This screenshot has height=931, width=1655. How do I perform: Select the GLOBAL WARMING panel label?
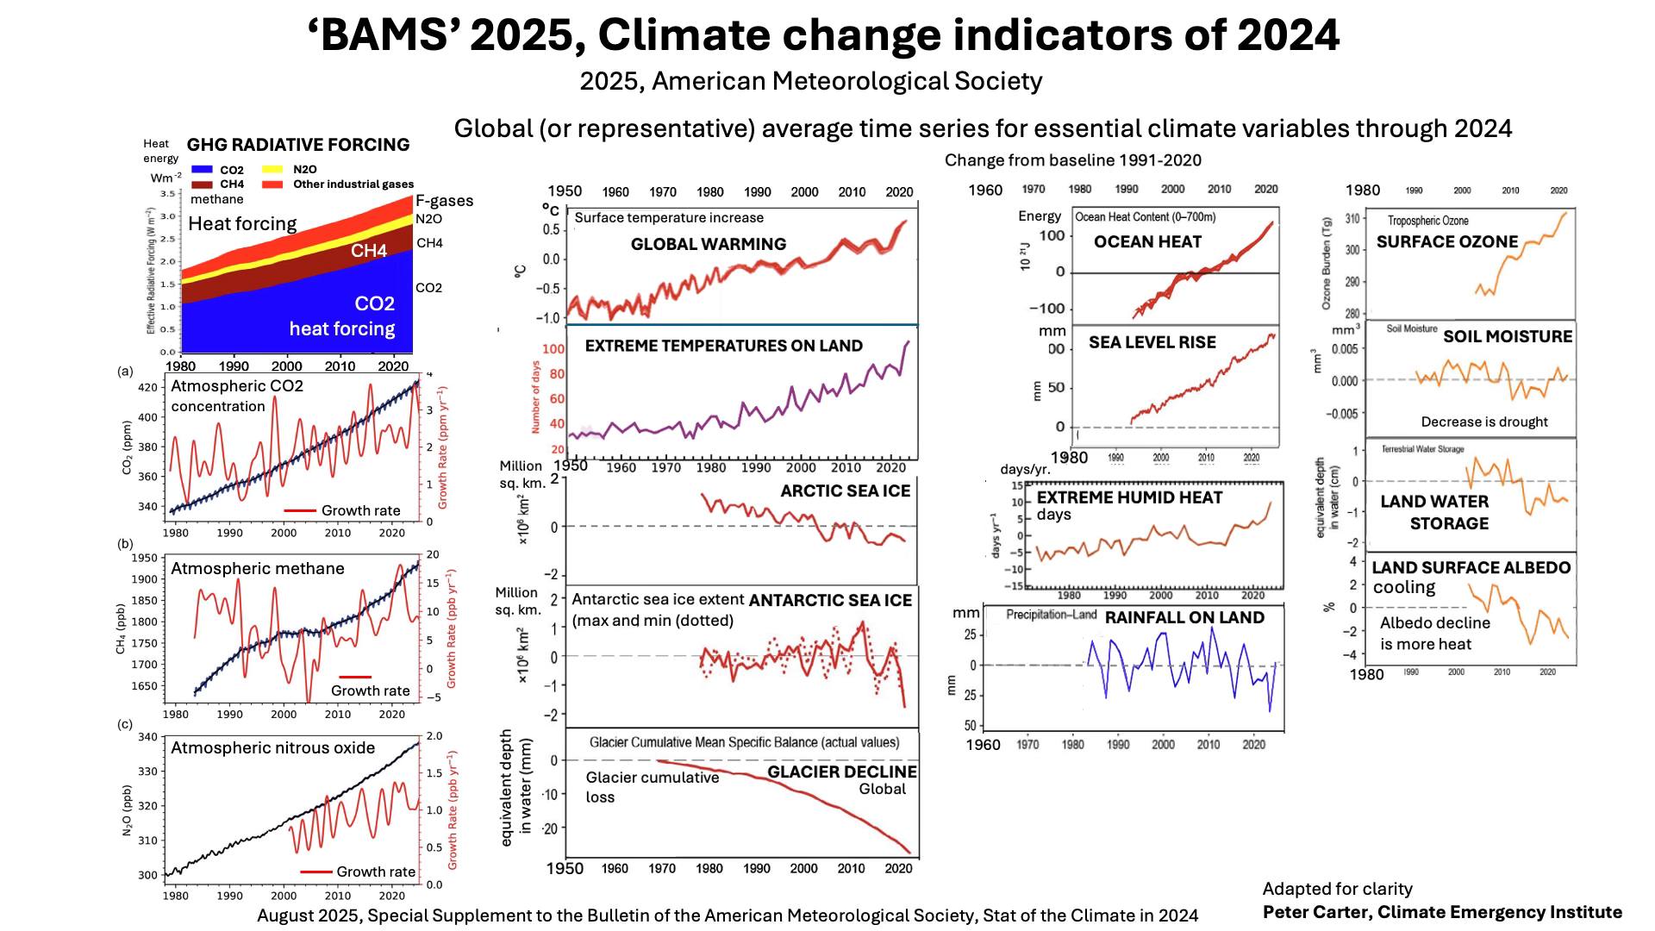[x=709, y=244]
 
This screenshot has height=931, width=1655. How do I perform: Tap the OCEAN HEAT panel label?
[x=1147, y=242]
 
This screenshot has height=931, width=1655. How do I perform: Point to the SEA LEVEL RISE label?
[x=1152, y=342]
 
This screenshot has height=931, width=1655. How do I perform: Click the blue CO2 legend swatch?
[x=202, y=170]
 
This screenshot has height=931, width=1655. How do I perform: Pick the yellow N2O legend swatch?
[x=272, y=170]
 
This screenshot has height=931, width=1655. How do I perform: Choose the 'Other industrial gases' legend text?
[x=353, y=184]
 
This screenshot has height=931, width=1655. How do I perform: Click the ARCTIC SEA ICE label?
[x=845, y=490]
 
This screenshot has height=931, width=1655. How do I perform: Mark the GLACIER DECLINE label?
[x=841, y=772]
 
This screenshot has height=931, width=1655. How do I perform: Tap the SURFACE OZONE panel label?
[x=1446, y=242]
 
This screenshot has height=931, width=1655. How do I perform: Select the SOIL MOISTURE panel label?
[x=1508, y=337]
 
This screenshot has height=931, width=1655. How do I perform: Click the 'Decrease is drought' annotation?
[x=1484, y=422]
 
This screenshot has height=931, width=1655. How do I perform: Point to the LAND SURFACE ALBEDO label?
[x=1471, y=567]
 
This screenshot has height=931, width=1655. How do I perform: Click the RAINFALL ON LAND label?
[x=1184, y=617]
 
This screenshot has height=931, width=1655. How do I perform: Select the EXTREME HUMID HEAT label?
[x=1129, y=497]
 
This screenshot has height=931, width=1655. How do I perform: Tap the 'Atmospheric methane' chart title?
[x=257, y=568]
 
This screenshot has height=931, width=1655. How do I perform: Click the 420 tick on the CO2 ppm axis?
[x=148, y=387]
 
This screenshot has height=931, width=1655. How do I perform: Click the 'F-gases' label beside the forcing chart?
[x=444, y=200]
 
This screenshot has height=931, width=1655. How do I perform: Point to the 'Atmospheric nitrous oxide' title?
[x=272, y=747]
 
